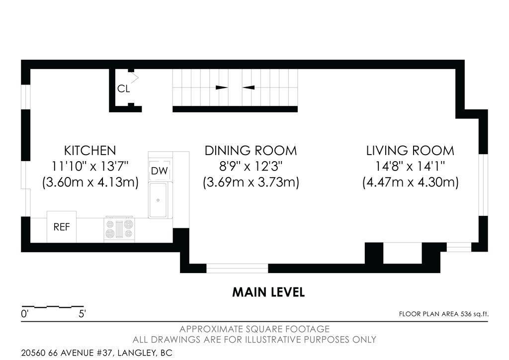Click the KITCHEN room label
point(89,150)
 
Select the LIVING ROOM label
point(410,150)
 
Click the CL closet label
point(123,89)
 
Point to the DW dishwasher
point(160,171)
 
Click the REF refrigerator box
point(62,227)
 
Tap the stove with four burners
point(119,229)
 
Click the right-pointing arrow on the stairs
point(222,88)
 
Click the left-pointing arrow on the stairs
point(249,88)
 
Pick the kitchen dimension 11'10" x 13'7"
point(89,166)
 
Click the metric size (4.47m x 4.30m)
point(410,182)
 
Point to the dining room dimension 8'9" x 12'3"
point(251,166)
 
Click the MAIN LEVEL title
point(268,292)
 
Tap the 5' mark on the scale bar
point(82,314)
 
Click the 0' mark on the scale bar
point(25,314)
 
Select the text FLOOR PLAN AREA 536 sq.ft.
point(443,314)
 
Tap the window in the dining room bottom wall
point(237,269)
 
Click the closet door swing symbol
point(135,78)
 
